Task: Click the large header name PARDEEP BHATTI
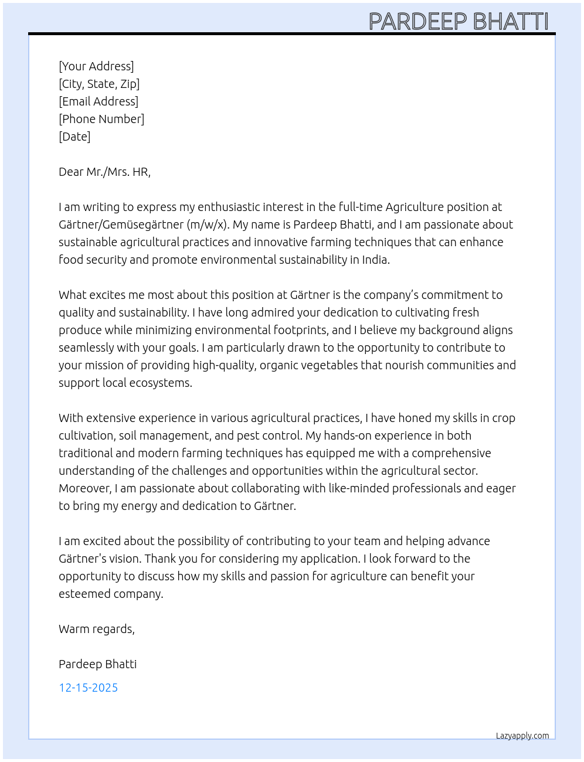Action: pos(459,22)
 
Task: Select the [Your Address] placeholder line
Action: pos(96,66)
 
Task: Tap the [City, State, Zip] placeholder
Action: pos(99,84)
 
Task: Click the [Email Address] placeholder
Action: pos(99,101)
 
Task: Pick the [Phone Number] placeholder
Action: pos(101,119)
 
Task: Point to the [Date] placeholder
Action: pos(74,137)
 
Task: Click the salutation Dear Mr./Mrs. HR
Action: pos(104,172)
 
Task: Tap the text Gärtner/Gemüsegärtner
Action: pos(121,224)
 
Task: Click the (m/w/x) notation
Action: pos(208,224)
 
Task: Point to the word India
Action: pos(375,260)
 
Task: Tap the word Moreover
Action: pos(84,488)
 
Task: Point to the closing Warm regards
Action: pos(96,629)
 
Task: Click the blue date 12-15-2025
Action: pos(88,688)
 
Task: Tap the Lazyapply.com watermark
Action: pos(522,736)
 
